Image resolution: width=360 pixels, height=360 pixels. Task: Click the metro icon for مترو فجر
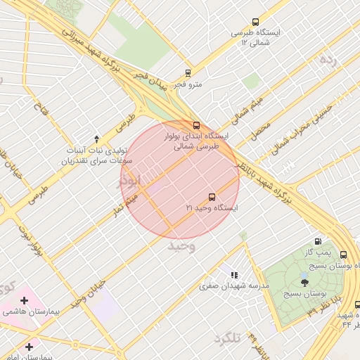click(188, 73)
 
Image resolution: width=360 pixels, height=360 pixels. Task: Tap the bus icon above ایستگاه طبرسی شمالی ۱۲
click(255, 22)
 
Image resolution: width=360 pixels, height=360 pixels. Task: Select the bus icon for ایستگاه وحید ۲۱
click(212, 198)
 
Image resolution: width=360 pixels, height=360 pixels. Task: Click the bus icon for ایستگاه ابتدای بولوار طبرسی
click(195, 126)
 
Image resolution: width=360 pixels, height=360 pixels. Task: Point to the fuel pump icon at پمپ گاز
click(319, 241)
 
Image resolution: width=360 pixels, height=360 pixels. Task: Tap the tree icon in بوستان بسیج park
click(304, 282)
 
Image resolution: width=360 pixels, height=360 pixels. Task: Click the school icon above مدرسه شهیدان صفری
click(233, 275)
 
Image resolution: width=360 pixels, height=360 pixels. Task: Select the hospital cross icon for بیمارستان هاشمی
click(24, 300)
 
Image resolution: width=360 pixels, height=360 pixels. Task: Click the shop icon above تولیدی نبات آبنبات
click(96, 139)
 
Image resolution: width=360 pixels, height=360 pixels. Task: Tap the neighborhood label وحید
click(181, 246)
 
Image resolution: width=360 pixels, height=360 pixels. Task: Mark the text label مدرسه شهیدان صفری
click(234, 286)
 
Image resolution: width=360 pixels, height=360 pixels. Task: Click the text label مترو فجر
click(188, 84)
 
